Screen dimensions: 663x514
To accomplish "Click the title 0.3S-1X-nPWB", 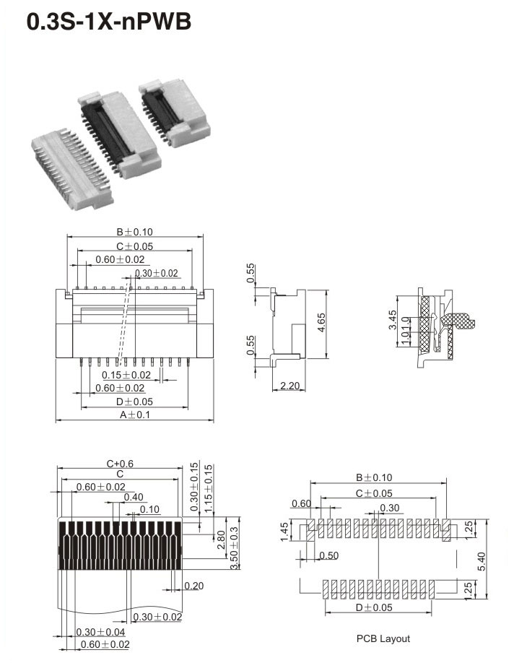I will click(x=109, y=21).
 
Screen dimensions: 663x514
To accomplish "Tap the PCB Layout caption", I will click(x=383, y=639).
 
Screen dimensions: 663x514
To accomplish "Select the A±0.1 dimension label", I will click(x=135, y=415).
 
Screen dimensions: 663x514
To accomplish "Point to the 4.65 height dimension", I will click(x=321, y=324).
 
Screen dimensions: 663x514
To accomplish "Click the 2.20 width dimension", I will click(x=289, y=386).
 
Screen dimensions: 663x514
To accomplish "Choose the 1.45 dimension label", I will click(x=286, y=532).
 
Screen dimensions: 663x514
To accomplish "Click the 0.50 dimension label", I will click(x=328, y=555).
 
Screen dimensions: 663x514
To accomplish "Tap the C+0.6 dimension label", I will click(x=121, y=464).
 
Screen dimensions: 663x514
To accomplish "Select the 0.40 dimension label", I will click(x=134, y=497).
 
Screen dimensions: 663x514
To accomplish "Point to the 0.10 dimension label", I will click(x=150, y=509).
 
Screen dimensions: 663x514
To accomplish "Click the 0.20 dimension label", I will click(x=193, y=586).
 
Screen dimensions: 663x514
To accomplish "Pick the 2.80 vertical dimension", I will click(x=219, y=539).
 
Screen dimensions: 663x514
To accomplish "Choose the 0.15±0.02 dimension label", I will click(x=126, y=375).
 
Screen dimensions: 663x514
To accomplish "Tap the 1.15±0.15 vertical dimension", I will click(x=209, y=487).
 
